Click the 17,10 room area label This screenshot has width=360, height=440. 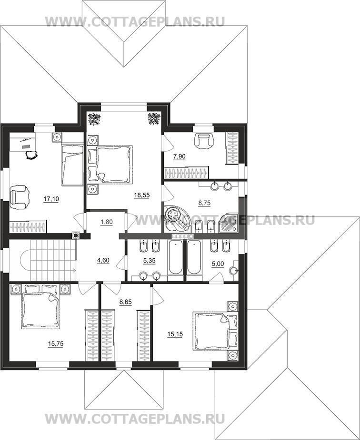[x=51, y=199]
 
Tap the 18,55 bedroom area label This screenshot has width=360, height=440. [x=142, y=196]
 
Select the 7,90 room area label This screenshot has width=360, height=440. [x=179, y=156]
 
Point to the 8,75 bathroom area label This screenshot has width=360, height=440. [x=204, y=203]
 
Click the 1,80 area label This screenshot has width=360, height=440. [x=106, y=222]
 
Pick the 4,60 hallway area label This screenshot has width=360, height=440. [x=103, y=260]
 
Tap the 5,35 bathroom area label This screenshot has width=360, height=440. [x=149, y=261]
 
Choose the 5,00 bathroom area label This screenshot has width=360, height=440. [x=218, y=264]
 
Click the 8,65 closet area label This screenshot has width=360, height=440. [x=126, y=302]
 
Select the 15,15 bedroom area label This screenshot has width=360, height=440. [x=175, y=334]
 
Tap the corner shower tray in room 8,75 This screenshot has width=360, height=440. [x=228, y=223]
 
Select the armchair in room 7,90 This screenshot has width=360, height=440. [x=205, y=141]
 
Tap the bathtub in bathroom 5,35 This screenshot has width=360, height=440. [x=175, y=257]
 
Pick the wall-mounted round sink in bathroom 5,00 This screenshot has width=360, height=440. [x=234, y=271]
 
